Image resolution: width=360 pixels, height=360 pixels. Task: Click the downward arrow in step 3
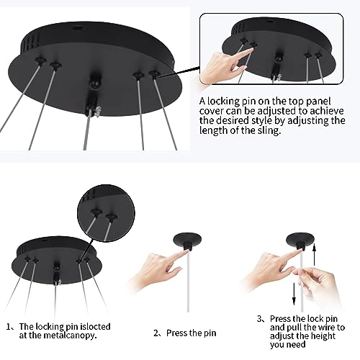(294, 294)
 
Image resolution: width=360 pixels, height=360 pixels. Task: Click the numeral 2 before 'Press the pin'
(156, 333)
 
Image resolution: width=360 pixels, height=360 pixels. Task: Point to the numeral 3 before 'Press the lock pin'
(259, 319)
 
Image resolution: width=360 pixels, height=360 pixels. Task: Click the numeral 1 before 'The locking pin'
(9, 327)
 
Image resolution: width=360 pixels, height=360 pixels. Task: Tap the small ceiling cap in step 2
(187, 241)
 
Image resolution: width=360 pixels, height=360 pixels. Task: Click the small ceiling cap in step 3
(300, 241)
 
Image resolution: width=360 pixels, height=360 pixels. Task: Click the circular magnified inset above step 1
(106, 213)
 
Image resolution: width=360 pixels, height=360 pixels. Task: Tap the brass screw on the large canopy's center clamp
(97, 112)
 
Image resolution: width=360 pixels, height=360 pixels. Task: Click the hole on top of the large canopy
(77, 27)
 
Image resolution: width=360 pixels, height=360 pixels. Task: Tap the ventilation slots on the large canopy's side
(30, 43)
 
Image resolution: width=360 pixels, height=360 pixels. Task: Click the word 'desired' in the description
(228, 121)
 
